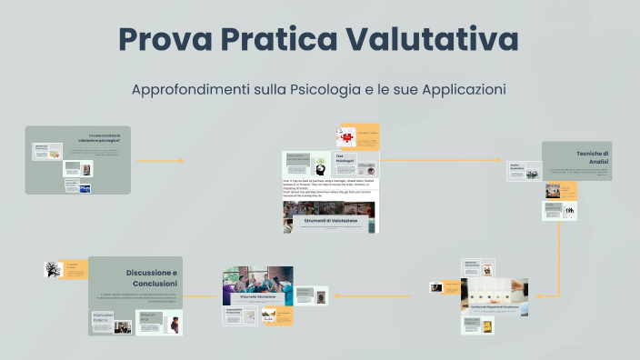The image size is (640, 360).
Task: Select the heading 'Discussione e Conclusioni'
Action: point(151,277)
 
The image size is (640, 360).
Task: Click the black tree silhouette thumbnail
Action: point(52,269)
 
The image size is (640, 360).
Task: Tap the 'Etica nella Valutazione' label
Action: point(257,296)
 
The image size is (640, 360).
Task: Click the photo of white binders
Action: point(495,293)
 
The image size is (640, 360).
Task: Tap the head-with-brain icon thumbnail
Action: point(321,167)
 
